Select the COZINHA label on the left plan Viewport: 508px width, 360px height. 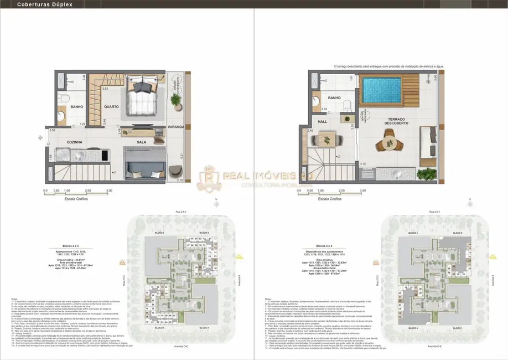(x=74, y=142)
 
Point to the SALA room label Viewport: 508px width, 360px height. (x=142, y=142)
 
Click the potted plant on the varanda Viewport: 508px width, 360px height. (x=176, y=100)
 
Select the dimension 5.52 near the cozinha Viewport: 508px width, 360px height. (x=53, y=130)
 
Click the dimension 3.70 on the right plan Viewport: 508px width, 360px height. (x=362, y=164)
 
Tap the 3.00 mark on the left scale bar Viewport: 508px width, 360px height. (x=109, y=191)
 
